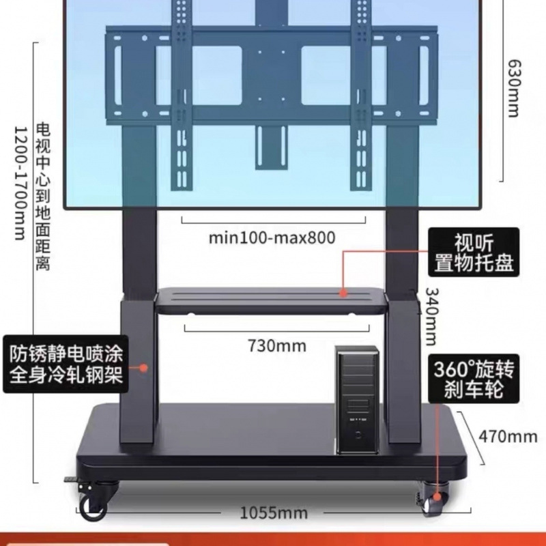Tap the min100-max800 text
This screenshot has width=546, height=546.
coord(272,238)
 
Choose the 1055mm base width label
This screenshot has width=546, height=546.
coord(274,513)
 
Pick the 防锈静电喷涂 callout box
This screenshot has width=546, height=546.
coord(66,364)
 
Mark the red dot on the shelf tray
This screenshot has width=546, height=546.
coord(345,293)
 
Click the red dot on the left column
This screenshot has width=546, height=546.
coord(143,367)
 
